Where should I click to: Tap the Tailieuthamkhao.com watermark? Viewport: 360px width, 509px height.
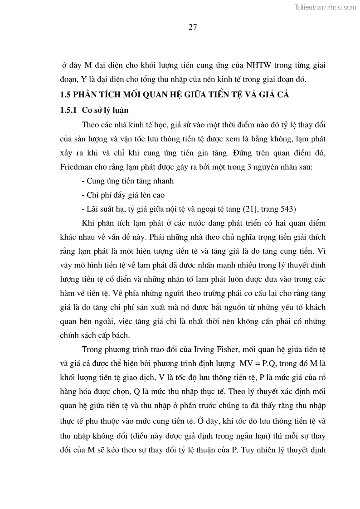coord(325,7)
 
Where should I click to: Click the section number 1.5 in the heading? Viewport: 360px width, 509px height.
coord(66,95)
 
